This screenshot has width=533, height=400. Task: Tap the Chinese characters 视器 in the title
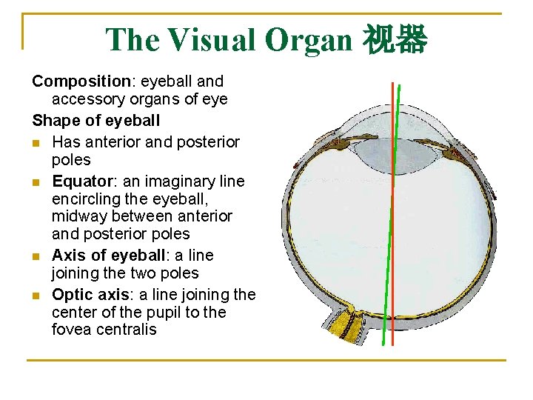click(395, 39)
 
